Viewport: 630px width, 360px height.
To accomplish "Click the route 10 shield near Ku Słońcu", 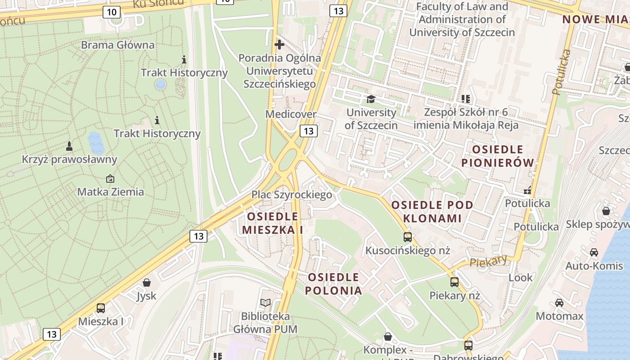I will click(111, 12).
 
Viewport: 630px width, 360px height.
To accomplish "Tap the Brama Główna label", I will click(117, 45).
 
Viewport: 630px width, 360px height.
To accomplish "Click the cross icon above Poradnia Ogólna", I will click(279, 45).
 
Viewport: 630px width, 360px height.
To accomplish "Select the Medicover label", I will click(291, 114).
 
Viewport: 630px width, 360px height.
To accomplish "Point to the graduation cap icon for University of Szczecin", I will click(371, 99).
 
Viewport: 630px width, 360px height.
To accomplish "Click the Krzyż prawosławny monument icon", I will click(69, 146).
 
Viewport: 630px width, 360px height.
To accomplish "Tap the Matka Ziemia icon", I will click(110, 179).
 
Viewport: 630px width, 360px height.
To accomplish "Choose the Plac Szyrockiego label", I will click(292, 194).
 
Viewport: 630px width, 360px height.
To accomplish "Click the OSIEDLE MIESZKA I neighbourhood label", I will click(273, 223).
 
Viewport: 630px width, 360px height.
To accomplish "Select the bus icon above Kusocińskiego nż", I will click(408, 237).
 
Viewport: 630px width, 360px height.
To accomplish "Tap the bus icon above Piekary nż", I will click(454, 282).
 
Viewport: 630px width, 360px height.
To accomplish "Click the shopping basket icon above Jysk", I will click(146, 283).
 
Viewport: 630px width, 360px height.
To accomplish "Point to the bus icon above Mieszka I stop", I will click(101, 308).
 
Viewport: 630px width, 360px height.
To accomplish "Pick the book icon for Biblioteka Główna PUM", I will click(265, 303).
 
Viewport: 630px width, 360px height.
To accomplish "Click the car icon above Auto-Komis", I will click(594, 252).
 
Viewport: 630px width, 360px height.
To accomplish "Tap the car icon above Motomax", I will click(559, 303).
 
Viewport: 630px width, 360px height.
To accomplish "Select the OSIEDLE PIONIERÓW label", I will click(498, 156).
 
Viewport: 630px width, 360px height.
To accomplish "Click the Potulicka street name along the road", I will click(561, 72).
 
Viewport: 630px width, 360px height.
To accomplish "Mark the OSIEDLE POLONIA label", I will click(333, 283).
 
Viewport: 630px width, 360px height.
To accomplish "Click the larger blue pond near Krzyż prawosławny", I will click(96, 143).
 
